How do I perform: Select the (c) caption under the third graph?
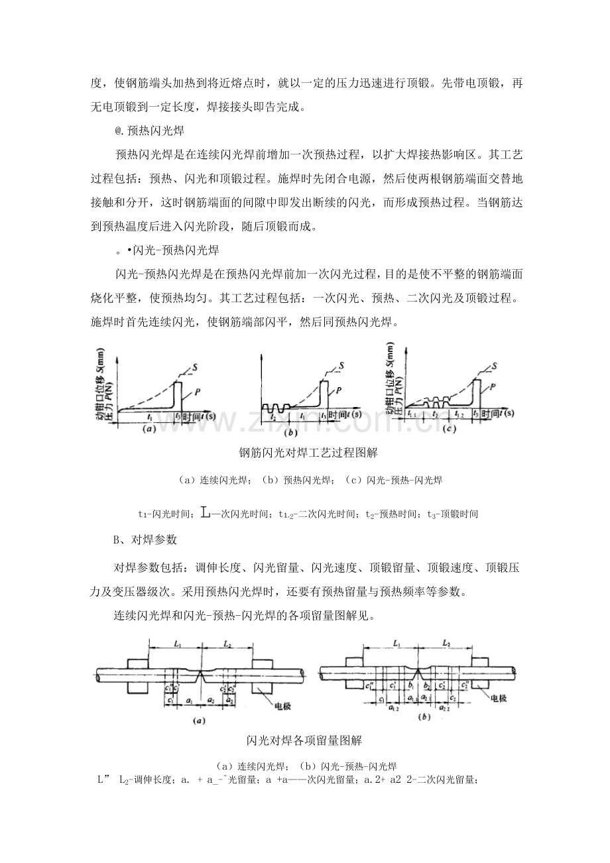(449, 429)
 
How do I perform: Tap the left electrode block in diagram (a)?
(137, 673)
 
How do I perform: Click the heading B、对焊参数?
(145, 540)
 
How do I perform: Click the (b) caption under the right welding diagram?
(422, 717)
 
